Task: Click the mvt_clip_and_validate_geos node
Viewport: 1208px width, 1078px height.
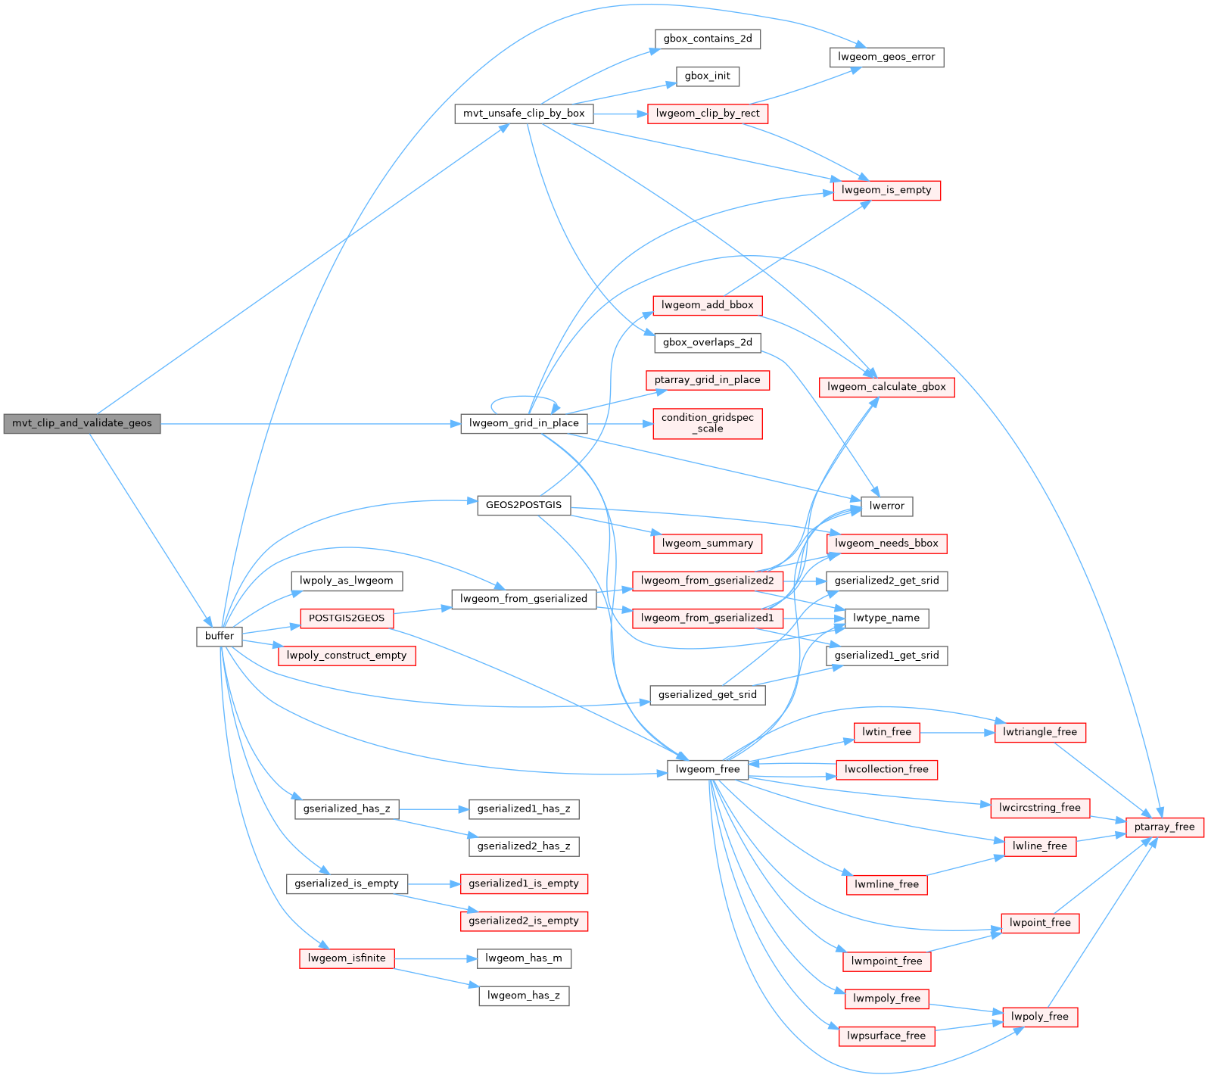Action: [82, 423]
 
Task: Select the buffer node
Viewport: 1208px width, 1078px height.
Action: [219, 636]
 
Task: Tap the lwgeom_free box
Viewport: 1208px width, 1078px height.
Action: [708, 769]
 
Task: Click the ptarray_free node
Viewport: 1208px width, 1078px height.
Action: [1164, 827]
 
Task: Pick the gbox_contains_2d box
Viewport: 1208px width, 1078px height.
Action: [708, 39]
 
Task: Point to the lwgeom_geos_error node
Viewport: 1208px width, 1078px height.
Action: [886, 57]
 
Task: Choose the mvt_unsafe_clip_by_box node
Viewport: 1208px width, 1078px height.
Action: [524, 114]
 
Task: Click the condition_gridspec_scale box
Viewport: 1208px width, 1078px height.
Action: [708, 423]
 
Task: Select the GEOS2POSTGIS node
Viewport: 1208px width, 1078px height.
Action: [524, 505]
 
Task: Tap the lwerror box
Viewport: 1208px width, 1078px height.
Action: [886, 506]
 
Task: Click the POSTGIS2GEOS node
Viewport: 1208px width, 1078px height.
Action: [347, 618]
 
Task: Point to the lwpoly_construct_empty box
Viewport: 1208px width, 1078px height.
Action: [347, 655]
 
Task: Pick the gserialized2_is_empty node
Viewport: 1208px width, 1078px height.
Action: [524, 921]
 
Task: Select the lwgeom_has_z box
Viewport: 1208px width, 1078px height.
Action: [524, 995]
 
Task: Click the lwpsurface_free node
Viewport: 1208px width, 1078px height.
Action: [886, 1036]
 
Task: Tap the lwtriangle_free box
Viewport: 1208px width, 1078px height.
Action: [1040, 732]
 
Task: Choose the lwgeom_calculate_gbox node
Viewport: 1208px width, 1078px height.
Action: [886, 387]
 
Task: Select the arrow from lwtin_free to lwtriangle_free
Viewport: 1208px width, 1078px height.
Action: [957, 732]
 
